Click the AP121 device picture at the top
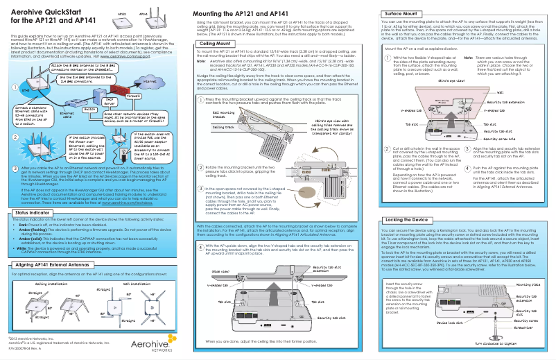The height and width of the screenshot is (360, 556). coord(123,22)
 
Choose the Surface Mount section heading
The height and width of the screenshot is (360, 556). coord(404,13)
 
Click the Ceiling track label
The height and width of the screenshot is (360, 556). coord(223,128)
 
